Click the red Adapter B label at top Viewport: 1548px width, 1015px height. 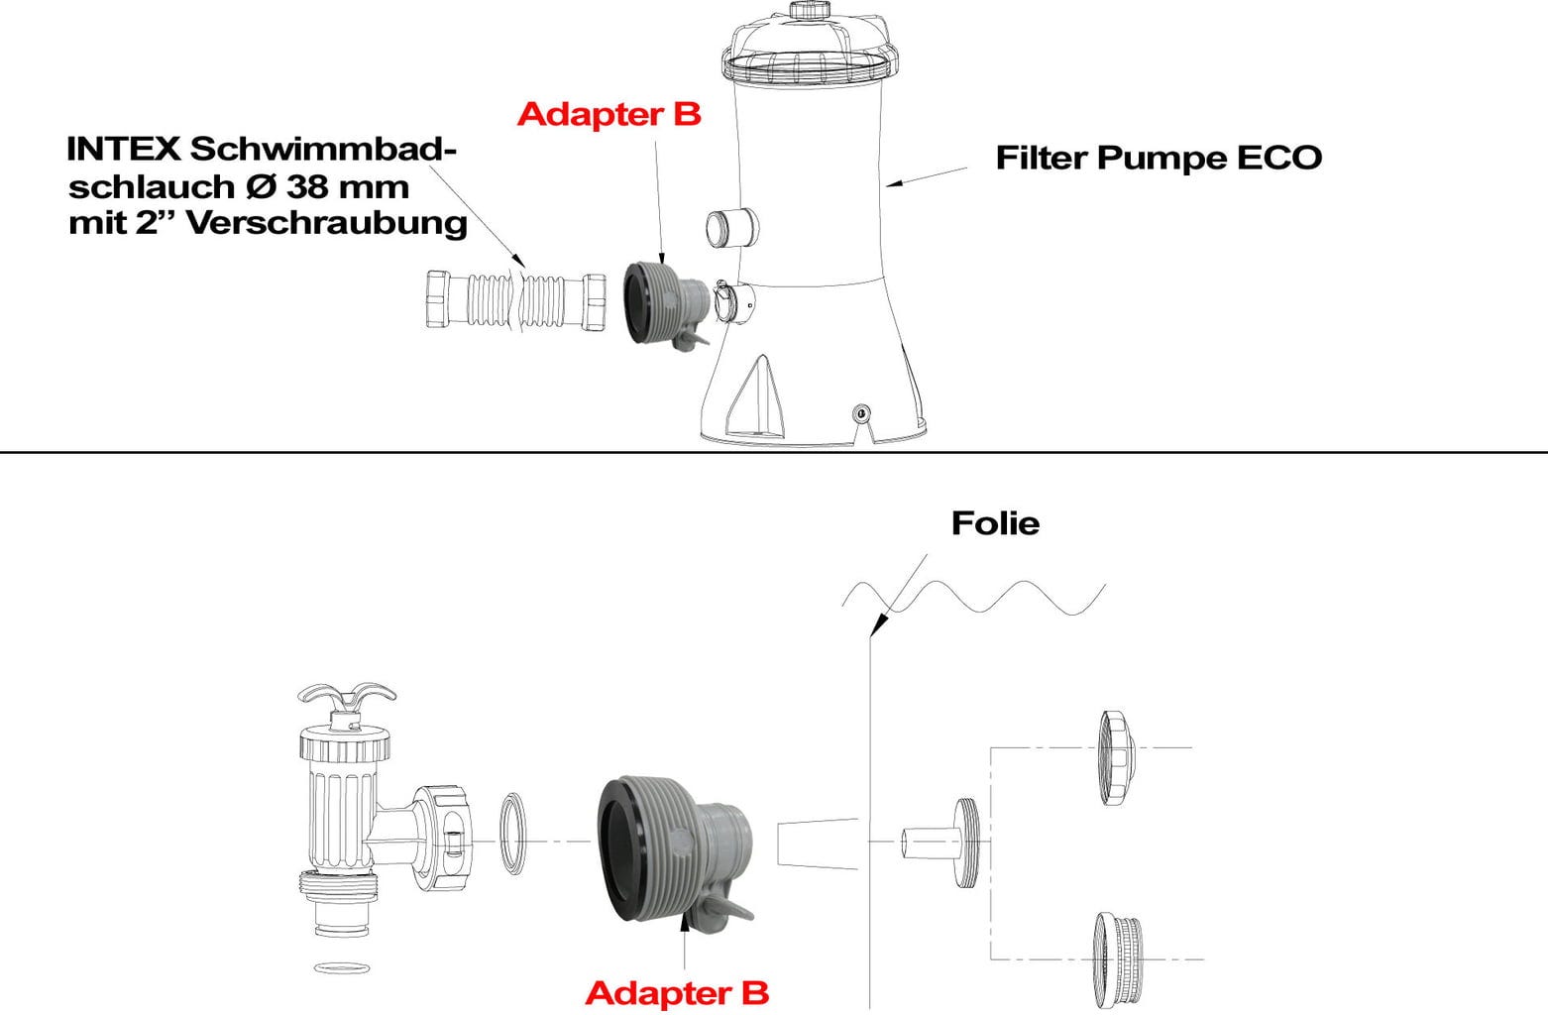coord(608,114)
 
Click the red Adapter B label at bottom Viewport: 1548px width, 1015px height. coord(676,992)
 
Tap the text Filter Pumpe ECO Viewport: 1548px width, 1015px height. coord(1158,158)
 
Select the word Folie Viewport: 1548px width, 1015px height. coord(995,522)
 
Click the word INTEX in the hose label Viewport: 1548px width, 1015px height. coord(123,150)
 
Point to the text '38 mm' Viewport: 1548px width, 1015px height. coord(347,185)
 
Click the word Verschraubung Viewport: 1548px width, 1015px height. coord(327,222)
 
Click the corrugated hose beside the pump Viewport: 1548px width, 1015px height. coord(515,298)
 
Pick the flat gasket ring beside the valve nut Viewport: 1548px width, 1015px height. coord(512,833)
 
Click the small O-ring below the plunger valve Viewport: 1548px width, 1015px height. coord(341,967)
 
